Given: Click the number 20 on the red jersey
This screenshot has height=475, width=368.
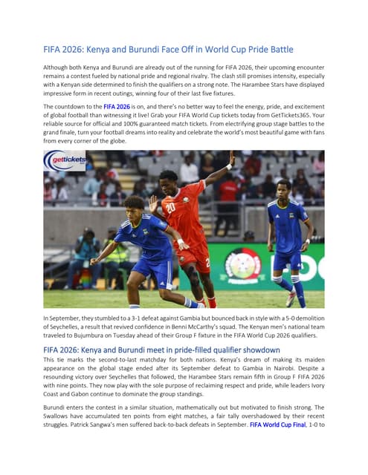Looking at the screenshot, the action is click(170, 208).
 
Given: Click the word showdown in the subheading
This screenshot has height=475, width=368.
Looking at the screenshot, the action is click(257, 350).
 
